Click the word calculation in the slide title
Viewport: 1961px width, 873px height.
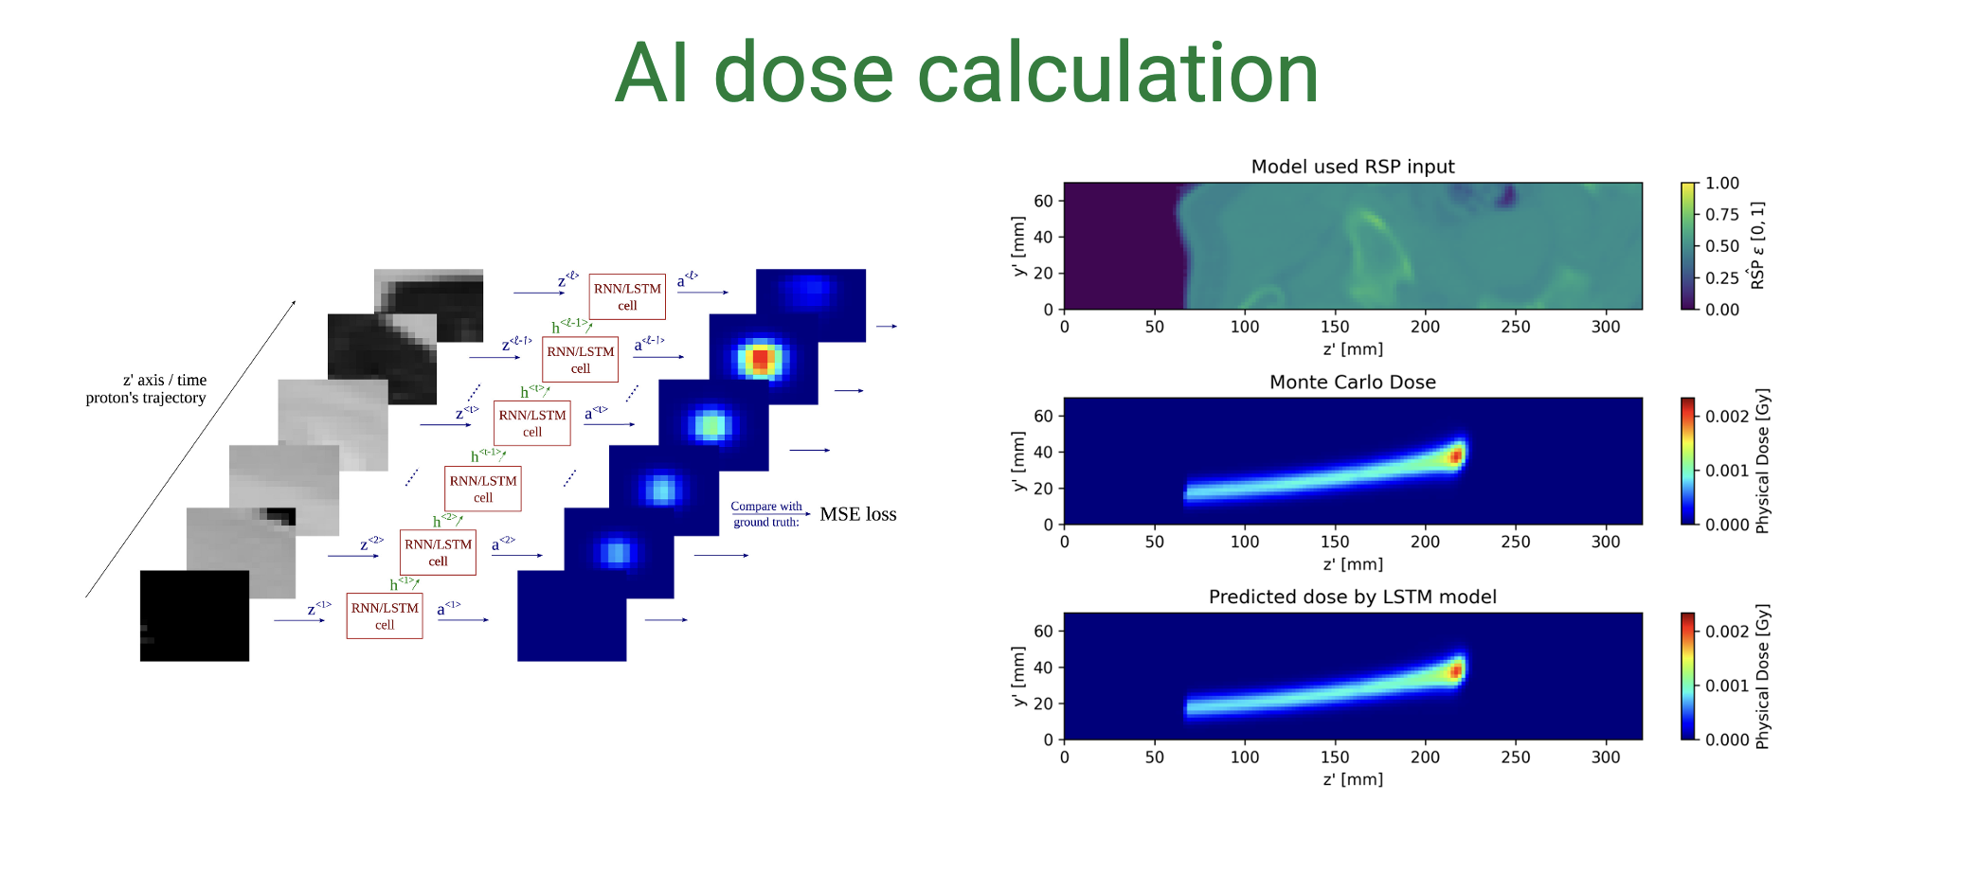[x=1118, y=74]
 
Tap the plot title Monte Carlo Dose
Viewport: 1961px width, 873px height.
[x=1352, y=382]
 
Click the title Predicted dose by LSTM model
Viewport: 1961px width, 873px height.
[x=1352, y=597]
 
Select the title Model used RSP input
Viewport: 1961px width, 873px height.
[x=1352, y=167]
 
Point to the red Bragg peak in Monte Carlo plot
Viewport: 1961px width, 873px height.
[x=1456, y=456]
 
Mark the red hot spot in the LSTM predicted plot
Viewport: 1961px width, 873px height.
[x=1456, y=671]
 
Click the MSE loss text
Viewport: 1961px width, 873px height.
[x=857, y=514]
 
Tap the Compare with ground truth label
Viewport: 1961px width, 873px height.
[x=766, y=514]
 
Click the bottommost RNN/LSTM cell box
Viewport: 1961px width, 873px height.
[x=385, y=615]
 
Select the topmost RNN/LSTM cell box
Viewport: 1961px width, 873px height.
[x=627, y=296]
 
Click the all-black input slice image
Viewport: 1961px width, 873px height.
[x=194, y=615]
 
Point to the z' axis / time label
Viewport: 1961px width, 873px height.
[x=164, y=380]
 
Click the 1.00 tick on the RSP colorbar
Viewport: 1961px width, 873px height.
[x=1721, y=183]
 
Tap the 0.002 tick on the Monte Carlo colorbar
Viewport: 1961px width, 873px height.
[x=1727, y=416]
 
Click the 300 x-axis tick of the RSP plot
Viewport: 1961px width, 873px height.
[x=1605, y=327]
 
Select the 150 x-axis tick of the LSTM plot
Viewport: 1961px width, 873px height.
[x=1334, y=757]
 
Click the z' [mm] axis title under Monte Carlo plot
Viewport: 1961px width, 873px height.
[x=1352, y=564]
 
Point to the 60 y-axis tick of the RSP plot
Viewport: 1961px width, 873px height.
[x=1043, y=201]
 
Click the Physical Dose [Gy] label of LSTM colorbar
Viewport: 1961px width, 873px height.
[x=1762, y=677]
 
